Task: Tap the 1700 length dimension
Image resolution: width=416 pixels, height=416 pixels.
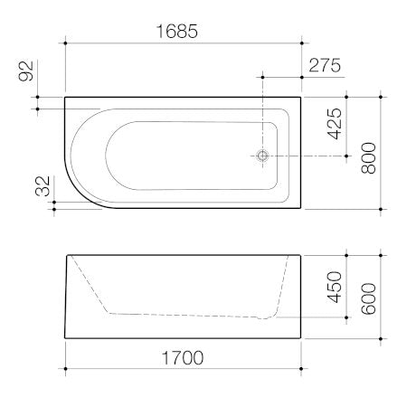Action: pyautogui.click(x=181, y=356)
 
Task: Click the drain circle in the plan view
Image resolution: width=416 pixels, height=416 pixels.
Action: pyautogui.click(x=262, y=156)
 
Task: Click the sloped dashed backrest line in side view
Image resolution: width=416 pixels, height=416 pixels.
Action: pyautogui.click(x=90, y=285)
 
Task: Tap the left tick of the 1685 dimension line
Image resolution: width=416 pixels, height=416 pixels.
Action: pyautogui.click(x=66, y=42)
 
